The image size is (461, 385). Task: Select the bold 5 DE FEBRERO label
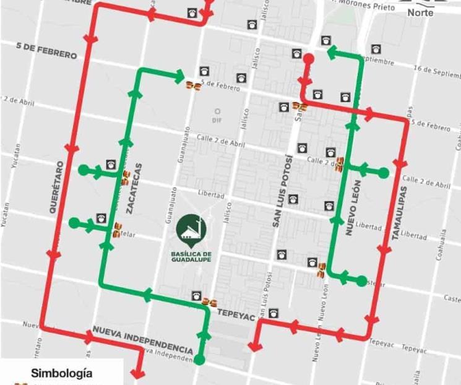tap(47, 51)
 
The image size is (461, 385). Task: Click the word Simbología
tap(62, 373)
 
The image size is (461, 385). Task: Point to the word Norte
tap(420, 12)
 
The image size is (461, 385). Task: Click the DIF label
tap(217, 120)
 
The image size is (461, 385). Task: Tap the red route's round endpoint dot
tap(308, 59)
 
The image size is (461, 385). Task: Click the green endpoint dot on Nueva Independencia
tap(200, 359)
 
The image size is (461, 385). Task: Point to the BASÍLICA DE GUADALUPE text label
tap(192, 256)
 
